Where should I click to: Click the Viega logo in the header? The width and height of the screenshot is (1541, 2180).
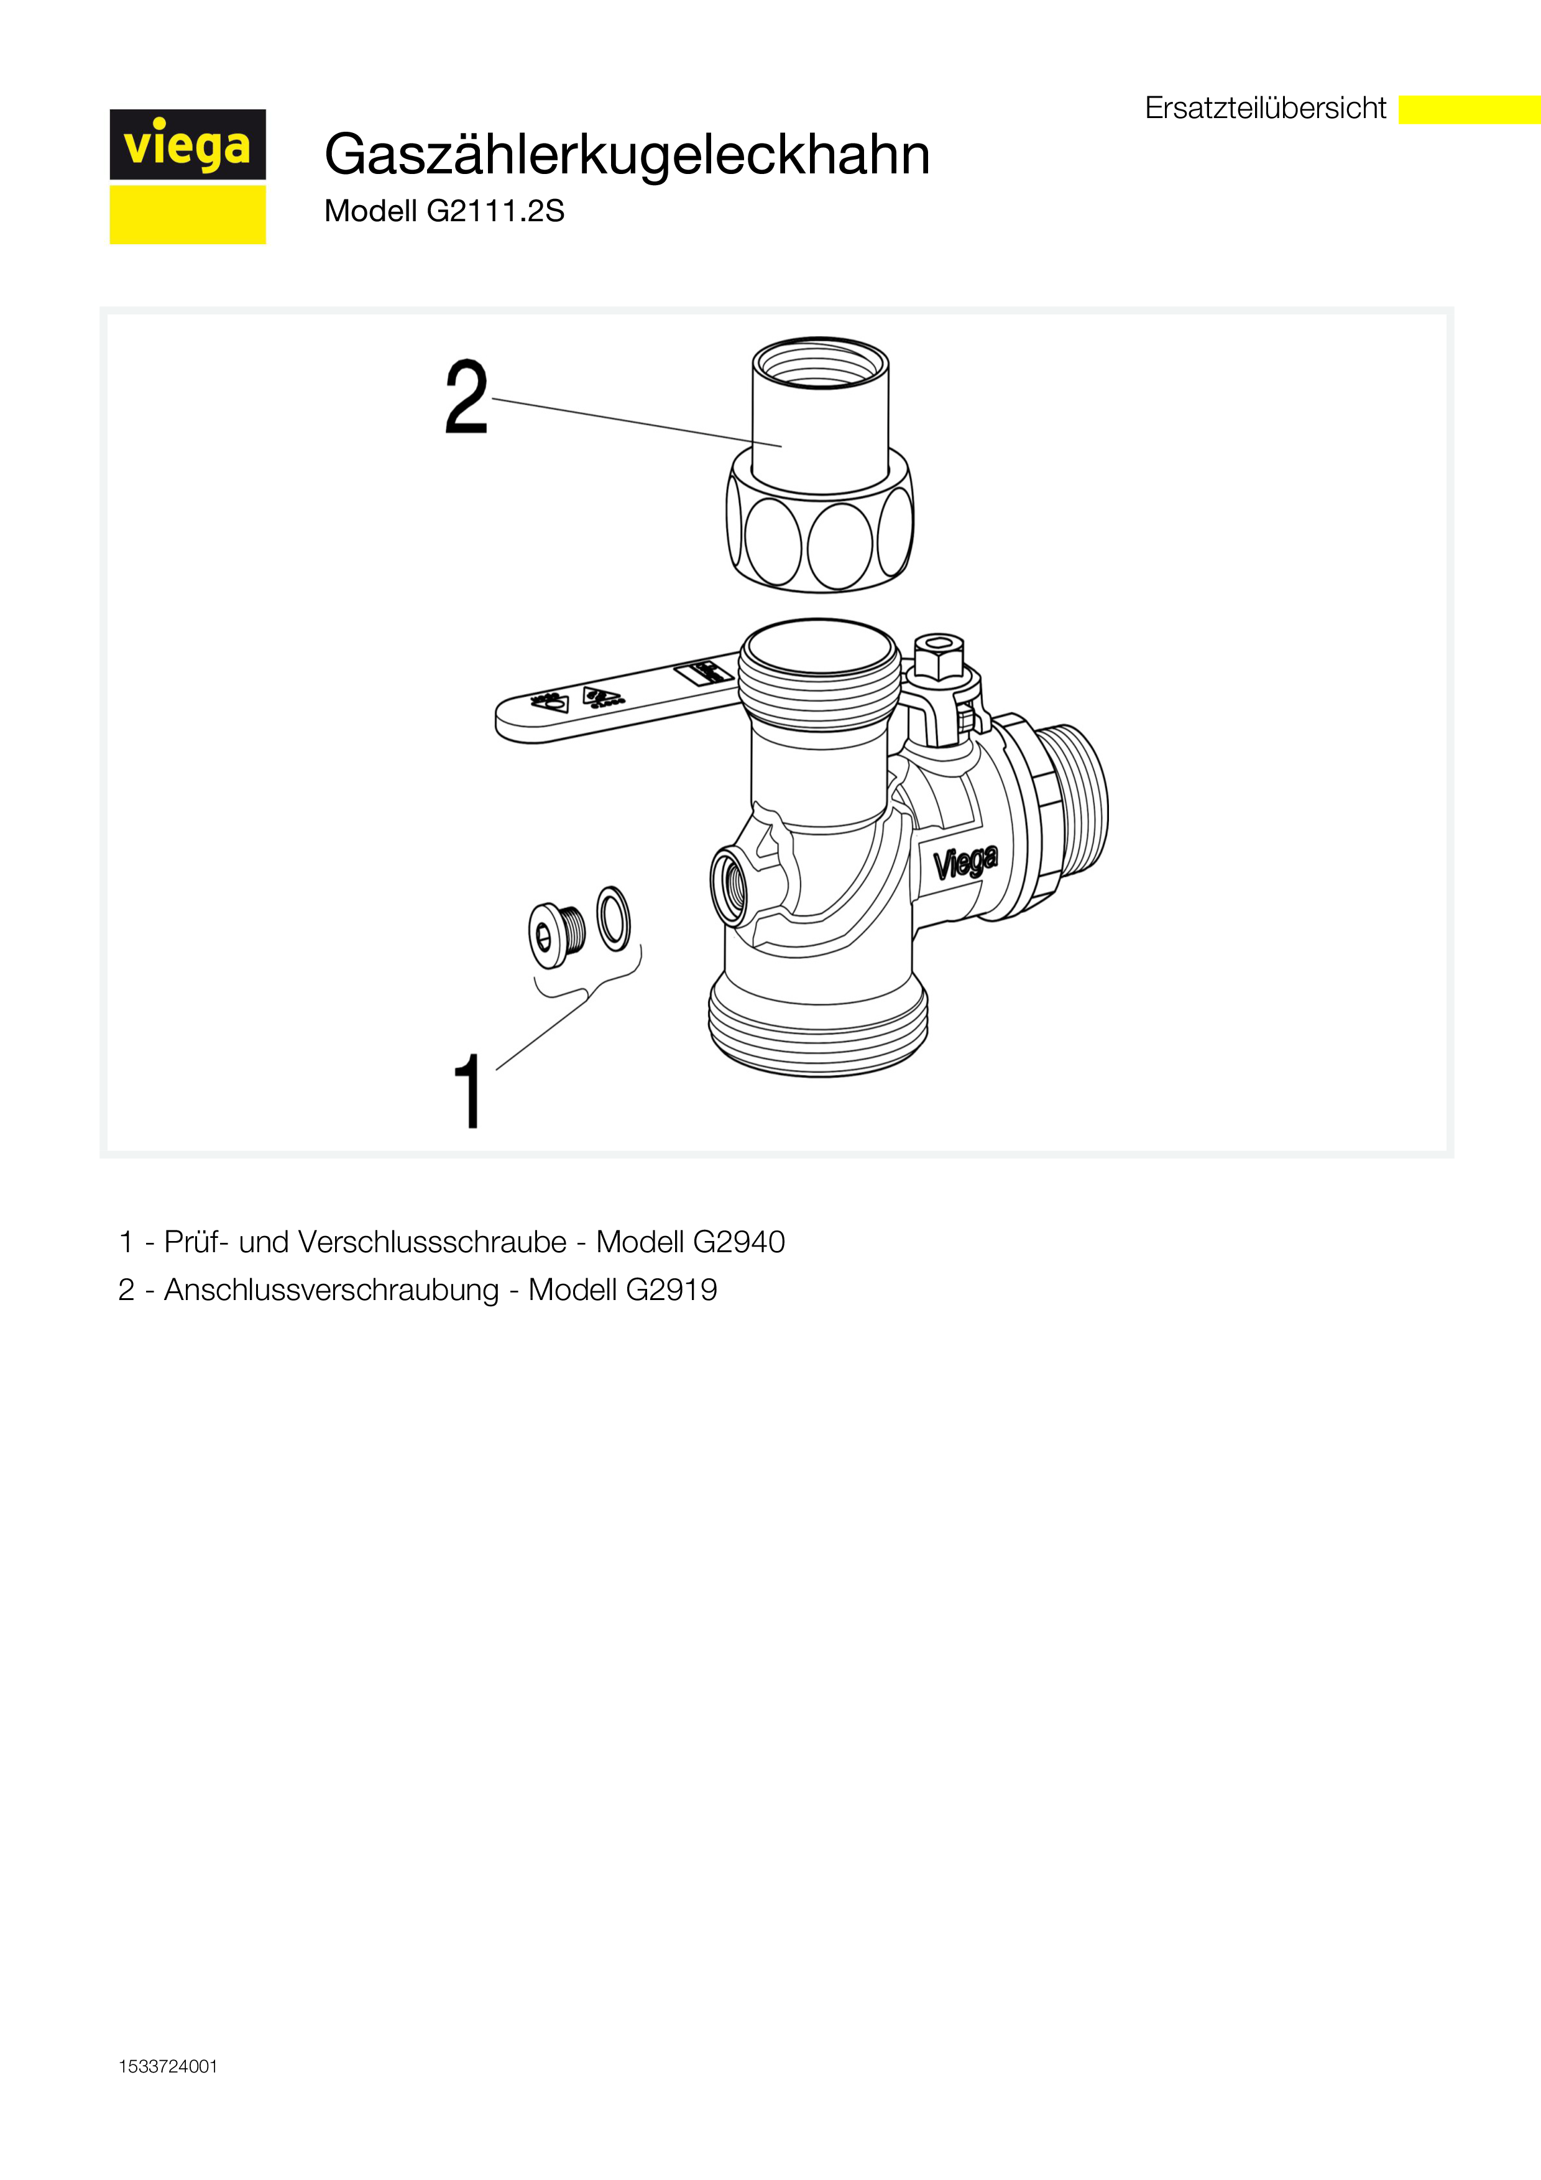187,176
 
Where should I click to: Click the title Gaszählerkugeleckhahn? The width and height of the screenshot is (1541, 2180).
627,154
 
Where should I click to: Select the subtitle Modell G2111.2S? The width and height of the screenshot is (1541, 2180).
444,211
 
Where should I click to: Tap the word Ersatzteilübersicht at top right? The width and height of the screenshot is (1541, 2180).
1265,108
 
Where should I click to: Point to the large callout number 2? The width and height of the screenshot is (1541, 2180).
466,398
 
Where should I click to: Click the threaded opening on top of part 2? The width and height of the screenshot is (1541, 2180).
821,365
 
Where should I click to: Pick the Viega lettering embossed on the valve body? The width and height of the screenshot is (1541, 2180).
965,862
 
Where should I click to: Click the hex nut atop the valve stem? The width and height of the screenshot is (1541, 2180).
939,657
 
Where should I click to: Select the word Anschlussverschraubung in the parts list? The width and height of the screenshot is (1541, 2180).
331,1290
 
